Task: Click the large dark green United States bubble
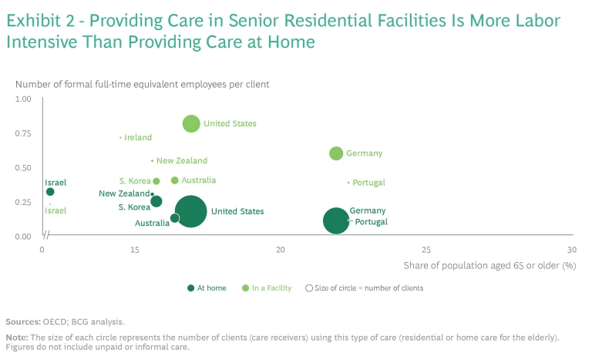pyautogui.click(x=190, y=211)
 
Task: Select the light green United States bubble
pyautogui.click(x=191, y=123)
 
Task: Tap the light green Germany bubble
pyautogui.click(x=336, y=153)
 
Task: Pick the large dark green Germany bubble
pyautogui.click(x=336, y=220)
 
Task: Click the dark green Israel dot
pyautogui.click(x=50, y=192)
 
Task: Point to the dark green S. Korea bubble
pyautogui.click(x=156, y=201)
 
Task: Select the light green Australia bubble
pyautogui.click(x=175, y=180)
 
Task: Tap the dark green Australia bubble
pyautogui.click(x=175, y=218)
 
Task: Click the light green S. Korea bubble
pyautogui.click(x=156, y=182)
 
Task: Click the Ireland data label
pyautogui.click(x=138, y=138)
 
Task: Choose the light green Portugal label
pyautogui.click(x=368, y=183)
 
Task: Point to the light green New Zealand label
pyautogui.click(x=182, y=161)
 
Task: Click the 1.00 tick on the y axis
pyautogui.click(x=22, y=99)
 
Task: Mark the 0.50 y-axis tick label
pyautogui.click(x=22, y=168)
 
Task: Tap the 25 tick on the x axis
pyautogui.click(x=426, y=250)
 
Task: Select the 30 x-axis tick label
pyautogui.click(x=571, y=250)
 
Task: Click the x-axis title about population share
pyautogui.click(x=489, y=265)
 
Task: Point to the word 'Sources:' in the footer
pyautogui.click(x=22, y=321)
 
